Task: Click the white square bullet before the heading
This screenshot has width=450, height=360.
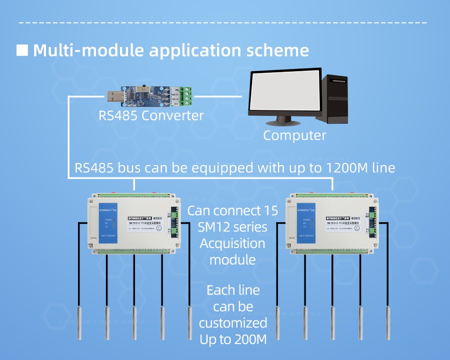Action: [22, 50]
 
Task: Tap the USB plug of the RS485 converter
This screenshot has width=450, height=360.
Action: [113, 94]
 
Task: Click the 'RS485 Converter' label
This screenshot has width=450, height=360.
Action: [151, 116]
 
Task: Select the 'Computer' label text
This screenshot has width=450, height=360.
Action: [294, 135]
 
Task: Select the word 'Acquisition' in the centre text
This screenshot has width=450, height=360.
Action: [232, 243]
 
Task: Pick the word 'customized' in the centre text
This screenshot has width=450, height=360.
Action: [233, 322]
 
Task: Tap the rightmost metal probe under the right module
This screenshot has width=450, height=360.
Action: [387, 323]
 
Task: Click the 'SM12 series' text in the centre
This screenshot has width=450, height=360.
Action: [232, 227]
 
